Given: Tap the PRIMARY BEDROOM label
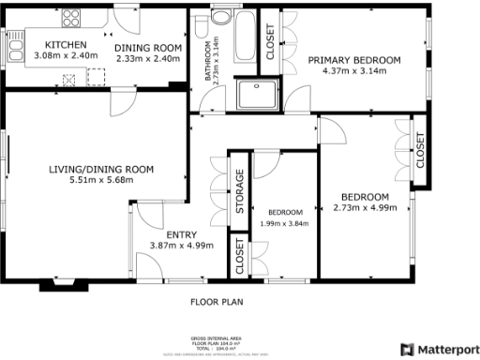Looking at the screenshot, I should tap(354, 60).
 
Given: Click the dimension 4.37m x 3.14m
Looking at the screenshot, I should tap(354, 71).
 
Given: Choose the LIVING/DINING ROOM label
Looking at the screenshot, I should tap(101, 170).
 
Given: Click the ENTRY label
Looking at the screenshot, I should tap(181, 234).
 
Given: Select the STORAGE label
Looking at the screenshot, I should tap(240, 191).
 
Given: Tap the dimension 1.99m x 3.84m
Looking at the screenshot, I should tap(284, 223).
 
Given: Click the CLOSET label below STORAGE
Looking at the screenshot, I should tap(240, 257).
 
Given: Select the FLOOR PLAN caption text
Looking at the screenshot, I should tap(217, 303).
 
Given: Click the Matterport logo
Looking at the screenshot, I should tap(439, 348).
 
